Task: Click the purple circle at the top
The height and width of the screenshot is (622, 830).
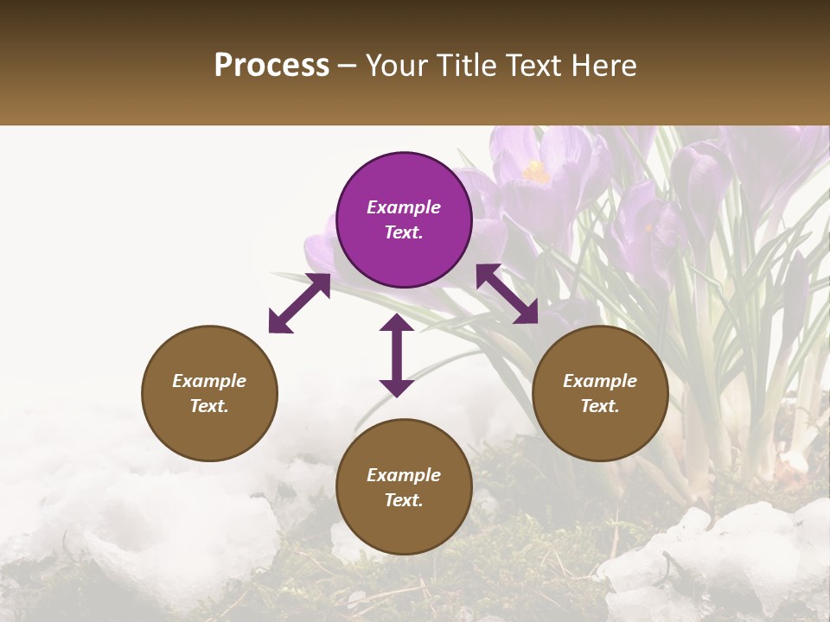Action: [x=404, y=220]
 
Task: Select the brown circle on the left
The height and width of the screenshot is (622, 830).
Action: [x=209, y=393]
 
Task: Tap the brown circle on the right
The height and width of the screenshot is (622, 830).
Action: [x=600, y=393]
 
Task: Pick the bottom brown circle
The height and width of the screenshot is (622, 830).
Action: [x=404, y=487]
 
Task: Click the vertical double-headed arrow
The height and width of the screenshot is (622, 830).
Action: [x=397, y=355]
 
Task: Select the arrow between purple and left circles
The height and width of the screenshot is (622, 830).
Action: [x=299, y=303]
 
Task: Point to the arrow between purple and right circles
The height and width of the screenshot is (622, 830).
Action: [x=508, y=294]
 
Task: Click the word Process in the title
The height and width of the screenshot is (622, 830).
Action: [x=271, y=66]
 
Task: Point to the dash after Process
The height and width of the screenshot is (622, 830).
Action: [x=348, y=66]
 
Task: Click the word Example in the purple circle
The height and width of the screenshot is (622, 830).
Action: [x=404, y=207]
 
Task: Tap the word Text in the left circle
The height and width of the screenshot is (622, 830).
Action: [x=209, y=406]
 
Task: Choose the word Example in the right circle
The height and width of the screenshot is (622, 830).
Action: [x=600, y=381]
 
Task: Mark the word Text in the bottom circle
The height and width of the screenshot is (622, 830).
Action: [x=404, y=500]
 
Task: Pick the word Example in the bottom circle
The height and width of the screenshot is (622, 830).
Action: [x=404, y=475]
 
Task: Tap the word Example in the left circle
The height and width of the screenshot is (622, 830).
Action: [x=209, y=381]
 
